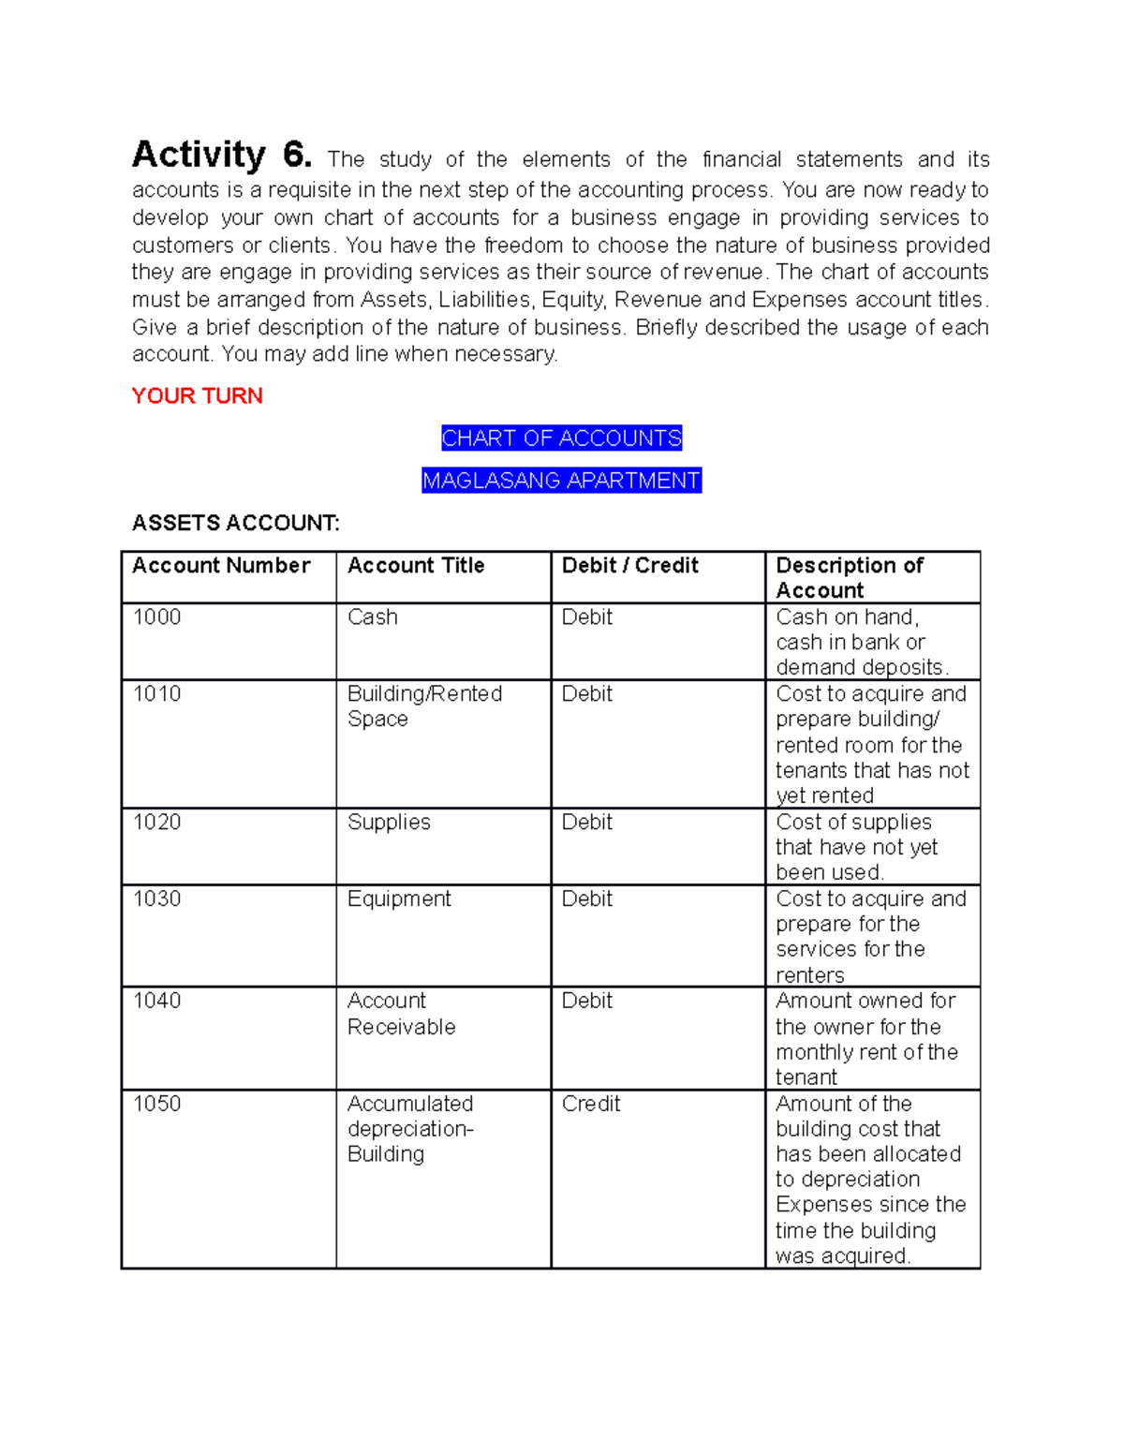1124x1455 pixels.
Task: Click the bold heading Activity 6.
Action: (x=221, y=155)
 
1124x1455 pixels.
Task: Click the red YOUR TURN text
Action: (x=197, y=396)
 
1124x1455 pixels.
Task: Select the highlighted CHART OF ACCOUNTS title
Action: (x=561, y=438)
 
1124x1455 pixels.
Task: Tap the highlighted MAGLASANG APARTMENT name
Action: (x=561, y=481)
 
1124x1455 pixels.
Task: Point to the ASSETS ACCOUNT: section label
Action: (x=235, y=523)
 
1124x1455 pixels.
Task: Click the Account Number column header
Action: (x=221, y=566)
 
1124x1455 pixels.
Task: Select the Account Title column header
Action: (x=416, y=566)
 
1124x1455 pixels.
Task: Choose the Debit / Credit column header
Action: (x=629, y=566)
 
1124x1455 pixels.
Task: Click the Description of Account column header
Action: (x=849, y=578)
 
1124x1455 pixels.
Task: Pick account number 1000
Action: (x=156, y=617)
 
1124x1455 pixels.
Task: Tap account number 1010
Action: (x=156, y=694)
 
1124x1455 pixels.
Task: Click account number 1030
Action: (x=156, y=899)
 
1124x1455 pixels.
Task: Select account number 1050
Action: (x=156, y=1104)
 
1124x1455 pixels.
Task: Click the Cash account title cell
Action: (x=372, y=617)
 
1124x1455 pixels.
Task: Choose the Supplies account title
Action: (x=389, y=823)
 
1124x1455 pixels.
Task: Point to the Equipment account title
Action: (x=399, y=899)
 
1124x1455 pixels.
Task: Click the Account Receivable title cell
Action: (x=401, y=1014)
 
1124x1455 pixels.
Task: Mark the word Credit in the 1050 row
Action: (x=590, y=1104)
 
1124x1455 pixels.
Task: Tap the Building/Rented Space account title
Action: (x=423, y=706)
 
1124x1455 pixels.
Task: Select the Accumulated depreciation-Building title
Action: (x=410, y=1129)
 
